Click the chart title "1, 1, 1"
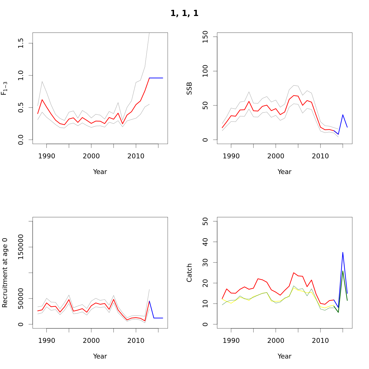click(x=184, y=14)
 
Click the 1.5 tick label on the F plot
click(x=21, y=43)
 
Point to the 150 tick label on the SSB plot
click(x=205, y=37)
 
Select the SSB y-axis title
click(x=189, y=88)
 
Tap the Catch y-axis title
click(x=189, y=272)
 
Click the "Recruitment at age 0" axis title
click(x=5, y=272)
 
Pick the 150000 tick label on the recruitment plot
click(x=21, y=247)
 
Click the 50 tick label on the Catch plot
click(x=205, y=221)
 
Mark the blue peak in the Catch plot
click(x=343, y=252)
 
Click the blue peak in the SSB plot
click(x=343, y=115)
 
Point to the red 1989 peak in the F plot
click(x=42, y=99)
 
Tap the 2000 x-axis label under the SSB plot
click(x=276, y=156)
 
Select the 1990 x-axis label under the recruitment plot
click(x=47, y=340)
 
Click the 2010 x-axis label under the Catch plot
click(x=320, y=340)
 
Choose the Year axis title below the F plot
click(x=100, y=172)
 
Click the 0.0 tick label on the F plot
click(x=21, y=140)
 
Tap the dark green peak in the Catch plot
click(x=343, y=271)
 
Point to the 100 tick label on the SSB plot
click(x=205, y=71)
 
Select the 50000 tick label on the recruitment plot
click(x=21, y=298)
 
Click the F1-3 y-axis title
click(x=4, y=88)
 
